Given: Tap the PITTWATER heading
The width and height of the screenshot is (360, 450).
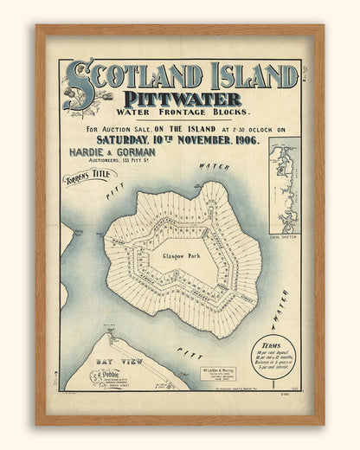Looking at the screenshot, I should pos(182,99).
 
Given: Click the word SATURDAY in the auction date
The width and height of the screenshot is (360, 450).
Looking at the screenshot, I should pos(124,140).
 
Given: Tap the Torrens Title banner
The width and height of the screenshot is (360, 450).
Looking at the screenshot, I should pos(91,183).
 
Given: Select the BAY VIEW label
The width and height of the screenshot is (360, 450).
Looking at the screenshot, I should pos(115,357).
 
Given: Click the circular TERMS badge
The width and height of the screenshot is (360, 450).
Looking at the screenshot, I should pos(273,355).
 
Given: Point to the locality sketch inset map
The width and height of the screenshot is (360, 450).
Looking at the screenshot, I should pos(285,185).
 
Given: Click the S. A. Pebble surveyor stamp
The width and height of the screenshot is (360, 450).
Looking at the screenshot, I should pos(107,376).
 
